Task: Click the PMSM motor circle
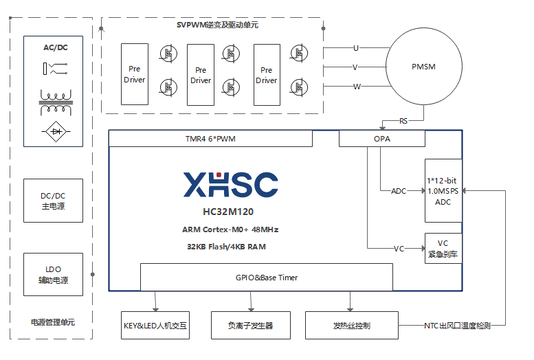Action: click(423, 67)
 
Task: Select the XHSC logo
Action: click(230, 184)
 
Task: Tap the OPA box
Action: click(381, 139)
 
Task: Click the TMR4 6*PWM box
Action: click(210, 139)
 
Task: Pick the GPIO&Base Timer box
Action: click(267, 278)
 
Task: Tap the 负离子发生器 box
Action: click(250, 325)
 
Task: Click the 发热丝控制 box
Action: click(351, 325)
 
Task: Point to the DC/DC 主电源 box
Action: click(53, 201)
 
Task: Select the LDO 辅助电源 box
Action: click(53, 274)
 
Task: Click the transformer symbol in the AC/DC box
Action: click(53, 102)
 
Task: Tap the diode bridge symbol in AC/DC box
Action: click(53, 131)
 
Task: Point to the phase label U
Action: click(356, 48)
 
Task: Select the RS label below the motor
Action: click(403, 121)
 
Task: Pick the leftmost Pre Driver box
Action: click(135, 74)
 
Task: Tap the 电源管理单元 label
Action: click(53, 322)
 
